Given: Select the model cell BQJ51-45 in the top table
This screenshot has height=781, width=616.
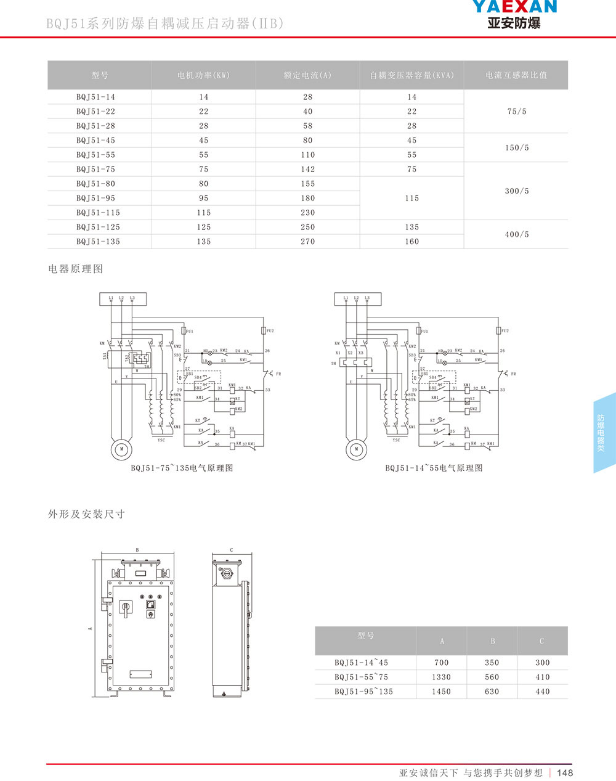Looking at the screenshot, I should [x=95, y=141].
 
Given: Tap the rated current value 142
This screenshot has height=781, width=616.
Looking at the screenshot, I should [x=308, y=170].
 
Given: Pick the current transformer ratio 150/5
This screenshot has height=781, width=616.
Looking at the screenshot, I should [x=516, y=148].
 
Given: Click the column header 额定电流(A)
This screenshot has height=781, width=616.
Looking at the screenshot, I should [x=307, y=75].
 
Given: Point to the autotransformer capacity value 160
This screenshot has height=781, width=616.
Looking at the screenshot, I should [x=411, y=242].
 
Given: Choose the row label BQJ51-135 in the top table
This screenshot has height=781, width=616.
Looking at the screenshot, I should [x=98, y=242].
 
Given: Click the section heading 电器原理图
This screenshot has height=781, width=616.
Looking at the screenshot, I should [x=76, y=269].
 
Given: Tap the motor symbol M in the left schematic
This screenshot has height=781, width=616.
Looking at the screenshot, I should [x=122, y=448].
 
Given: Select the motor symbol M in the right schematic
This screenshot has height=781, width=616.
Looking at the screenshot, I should [x=356, y=449].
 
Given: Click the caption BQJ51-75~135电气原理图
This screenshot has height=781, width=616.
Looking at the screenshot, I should [x=182, y=468].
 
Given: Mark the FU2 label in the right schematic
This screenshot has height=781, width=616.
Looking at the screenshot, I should [x=505, y=331].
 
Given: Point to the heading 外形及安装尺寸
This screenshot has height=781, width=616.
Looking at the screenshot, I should [x=87, y=514].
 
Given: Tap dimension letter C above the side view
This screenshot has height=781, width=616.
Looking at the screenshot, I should [x=231, y=550].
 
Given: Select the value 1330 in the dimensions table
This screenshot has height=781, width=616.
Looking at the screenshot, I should [x=441, y=677].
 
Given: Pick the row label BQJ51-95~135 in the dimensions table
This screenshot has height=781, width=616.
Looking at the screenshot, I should [x=363, y=692].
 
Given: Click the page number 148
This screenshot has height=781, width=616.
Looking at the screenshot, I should [x=565, y=773].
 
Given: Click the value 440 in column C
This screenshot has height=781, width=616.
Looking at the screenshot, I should [x=542, y=692].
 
